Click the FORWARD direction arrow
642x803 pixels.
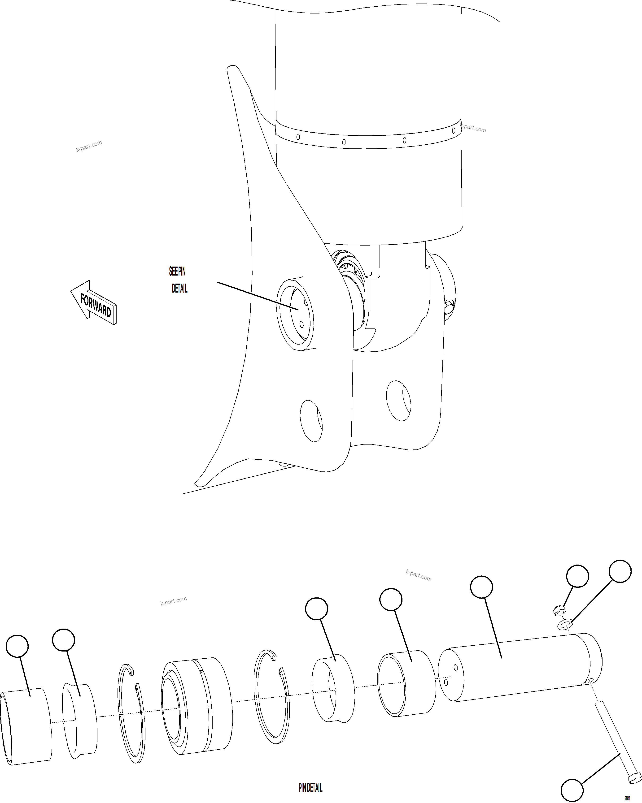click(x=94, y=302)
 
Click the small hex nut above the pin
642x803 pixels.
click(x=559, y=610)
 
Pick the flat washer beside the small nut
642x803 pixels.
click(x=566, y=624)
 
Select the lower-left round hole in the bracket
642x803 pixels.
click(x=311, y=421)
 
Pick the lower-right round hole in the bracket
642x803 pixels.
click(x=398, y=401)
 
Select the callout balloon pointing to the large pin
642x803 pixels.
click(x=481, y=587)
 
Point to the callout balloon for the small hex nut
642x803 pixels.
click(x=577, y=576)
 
